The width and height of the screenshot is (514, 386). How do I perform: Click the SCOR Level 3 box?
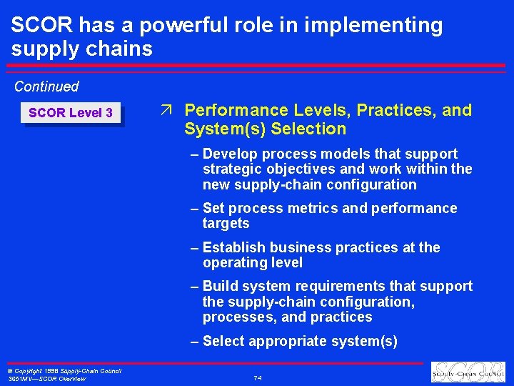[x=71, y=113]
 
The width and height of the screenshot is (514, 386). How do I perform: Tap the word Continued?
[x=46, y=86]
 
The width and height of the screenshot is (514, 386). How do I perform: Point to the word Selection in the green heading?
[x=313, y=129]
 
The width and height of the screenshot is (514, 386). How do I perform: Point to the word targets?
[x=226, y=224]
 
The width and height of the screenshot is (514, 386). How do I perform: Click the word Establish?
[x=233, y=247]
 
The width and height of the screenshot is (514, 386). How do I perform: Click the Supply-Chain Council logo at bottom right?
[x=468, y=373]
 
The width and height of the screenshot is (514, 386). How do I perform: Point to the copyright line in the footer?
[x=65, y=371]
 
